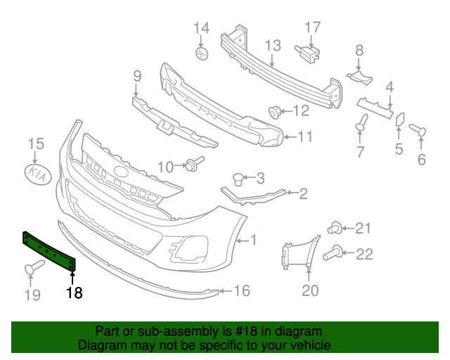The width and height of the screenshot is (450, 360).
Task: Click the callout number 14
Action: point(202,28)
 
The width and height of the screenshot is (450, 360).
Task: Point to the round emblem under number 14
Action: point(202,53)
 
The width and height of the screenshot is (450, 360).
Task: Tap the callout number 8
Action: point(359,50)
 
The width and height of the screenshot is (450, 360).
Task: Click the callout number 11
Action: point(304,137)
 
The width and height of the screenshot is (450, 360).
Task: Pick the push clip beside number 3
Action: point(239,177)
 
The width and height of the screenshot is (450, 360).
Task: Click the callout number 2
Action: point(303,193)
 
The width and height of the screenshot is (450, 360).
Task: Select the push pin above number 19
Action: point(34,268)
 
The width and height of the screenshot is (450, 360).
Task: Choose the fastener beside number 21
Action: point(335,227)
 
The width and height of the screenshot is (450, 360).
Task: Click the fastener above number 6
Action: point(416,131)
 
